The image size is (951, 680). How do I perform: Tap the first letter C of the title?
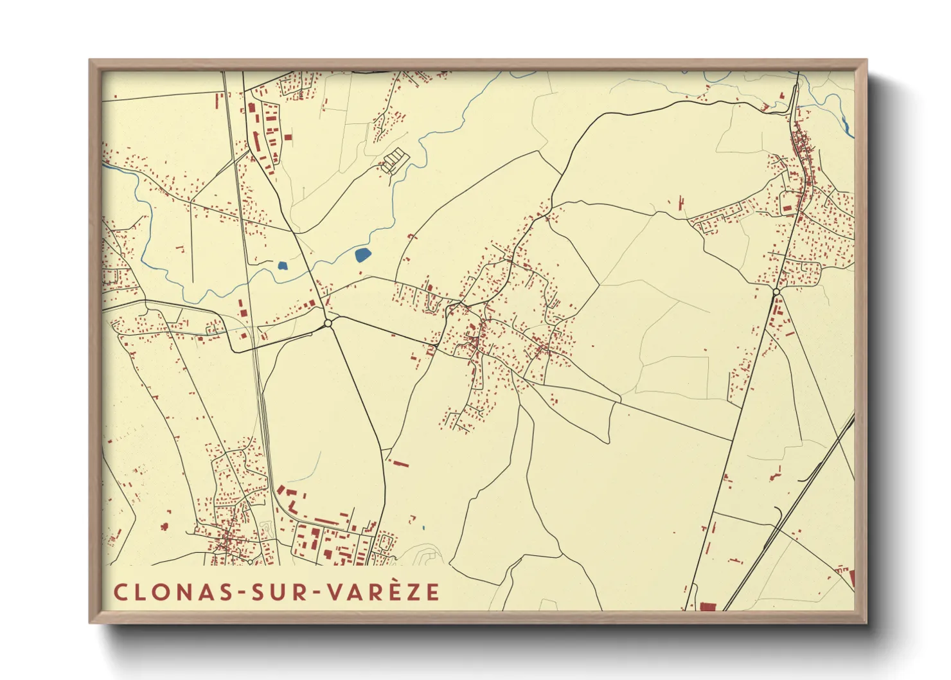(120, 592)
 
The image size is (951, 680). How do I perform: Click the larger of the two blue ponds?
(362, 255)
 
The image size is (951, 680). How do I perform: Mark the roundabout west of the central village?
(328, 323)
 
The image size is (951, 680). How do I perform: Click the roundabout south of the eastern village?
(776, 292)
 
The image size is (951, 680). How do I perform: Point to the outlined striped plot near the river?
(394, 160)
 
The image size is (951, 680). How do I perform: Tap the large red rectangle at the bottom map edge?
(707, 606)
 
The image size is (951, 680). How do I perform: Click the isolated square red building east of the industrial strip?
(288, 137)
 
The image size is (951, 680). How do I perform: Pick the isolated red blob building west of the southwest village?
(164, 526)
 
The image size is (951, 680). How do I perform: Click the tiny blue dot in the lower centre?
(424, 528)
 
